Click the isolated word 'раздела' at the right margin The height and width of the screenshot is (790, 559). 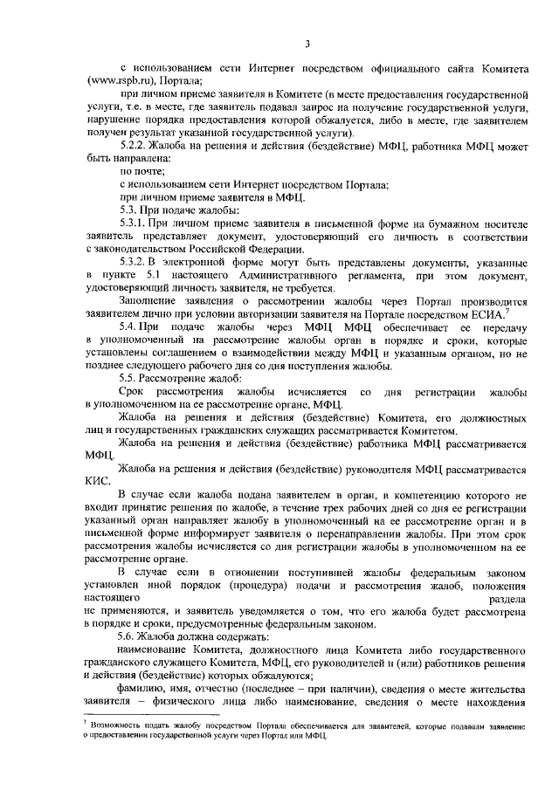click(x=508, y=602)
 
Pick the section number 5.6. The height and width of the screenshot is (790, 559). click(x=129, y=638)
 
